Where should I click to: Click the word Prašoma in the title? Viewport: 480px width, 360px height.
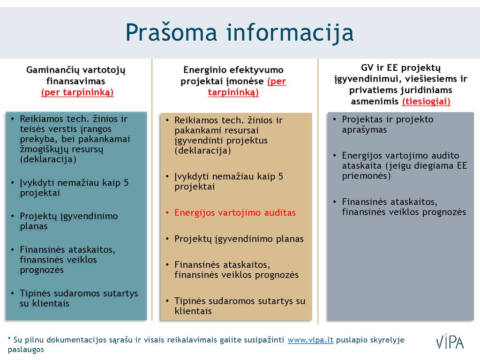(172, 32)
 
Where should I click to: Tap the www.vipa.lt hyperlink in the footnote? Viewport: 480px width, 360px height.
(310, 340)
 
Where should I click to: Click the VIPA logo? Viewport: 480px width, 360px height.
(450, 341)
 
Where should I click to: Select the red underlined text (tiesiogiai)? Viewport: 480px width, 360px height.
(426, 101)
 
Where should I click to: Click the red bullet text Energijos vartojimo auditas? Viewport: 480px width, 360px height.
(235, 213)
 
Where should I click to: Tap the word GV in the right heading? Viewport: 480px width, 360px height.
(367, 67)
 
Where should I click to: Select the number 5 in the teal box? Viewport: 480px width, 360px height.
(126, 183)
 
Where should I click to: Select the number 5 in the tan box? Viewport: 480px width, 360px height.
(281, 176)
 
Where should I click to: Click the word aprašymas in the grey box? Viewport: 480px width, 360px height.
(364, 130)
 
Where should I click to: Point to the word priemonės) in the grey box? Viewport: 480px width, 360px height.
(366, 176)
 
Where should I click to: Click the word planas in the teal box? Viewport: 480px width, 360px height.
(34, 226)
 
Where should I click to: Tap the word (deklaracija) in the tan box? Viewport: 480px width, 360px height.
(202, 151)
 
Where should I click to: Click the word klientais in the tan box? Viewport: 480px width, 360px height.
(193, 311)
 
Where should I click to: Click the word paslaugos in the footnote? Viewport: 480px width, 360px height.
(26, 350)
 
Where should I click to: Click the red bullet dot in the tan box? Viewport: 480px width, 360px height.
(167, 212)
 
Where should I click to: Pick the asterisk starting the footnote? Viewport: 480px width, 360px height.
(9, 338)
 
